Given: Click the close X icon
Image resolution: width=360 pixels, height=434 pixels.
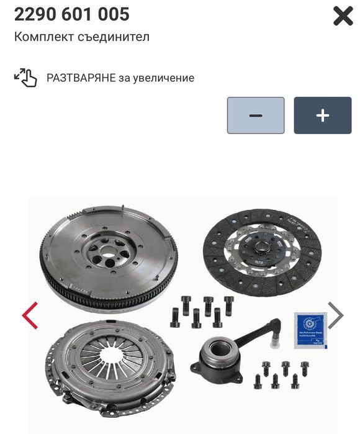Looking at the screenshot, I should (343, 17).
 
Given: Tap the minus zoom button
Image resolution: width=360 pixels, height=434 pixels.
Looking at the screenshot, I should (255, 115).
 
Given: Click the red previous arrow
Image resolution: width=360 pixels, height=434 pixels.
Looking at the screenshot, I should (30, 315).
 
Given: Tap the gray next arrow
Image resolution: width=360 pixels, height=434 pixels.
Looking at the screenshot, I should (335, 315).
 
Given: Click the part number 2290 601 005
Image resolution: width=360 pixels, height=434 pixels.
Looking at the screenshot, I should (71, 14).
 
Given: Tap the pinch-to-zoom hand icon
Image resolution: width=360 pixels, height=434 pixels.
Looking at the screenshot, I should (25, 78).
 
